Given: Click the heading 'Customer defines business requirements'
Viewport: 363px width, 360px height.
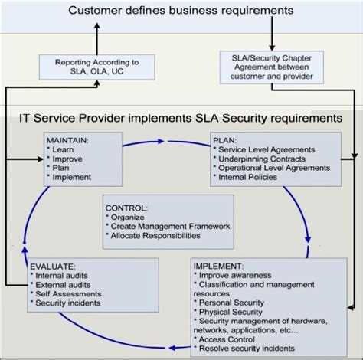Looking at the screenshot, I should click(181, 10).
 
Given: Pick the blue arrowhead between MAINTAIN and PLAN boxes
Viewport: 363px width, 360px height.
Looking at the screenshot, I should click(161, 141).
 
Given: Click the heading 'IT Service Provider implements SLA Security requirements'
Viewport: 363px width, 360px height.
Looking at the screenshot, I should click(181, 119).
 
